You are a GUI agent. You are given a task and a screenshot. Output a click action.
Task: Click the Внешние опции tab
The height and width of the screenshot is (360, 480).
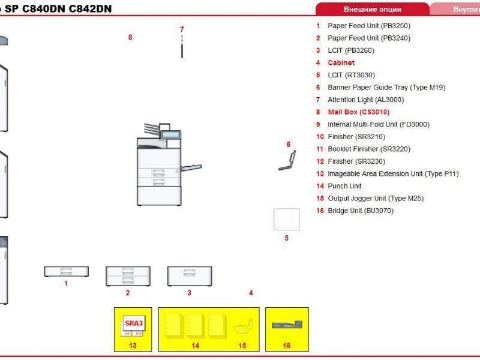(372, 9)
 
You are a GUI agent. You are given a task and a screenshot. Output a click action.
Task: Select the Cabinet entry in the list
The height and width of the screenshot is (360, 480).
(341, 62)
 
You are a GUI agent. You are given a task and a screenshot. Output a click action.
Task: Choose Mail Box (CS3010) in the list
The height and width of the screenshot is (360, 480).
(358, 112)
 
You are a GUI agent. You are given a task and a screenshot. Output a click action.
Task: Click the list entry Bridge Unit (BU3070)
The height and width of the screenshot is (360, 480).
(360, 211)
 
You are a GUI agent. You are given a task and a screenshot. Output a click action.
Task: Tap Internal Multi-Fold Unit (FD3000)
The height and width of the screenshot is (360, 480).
(378, 124)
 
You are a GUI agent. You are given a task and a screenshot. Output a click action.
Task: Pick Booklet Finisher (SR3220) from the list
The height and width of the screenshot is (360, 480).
(368, 149)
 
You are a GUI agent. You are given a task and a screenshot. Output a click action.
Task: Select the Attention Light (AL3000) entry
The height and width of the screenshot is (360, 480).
(365, 100)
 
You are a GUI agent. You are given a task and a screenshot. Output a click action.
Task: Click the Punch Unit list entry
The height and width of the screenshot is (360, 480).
(344, 186)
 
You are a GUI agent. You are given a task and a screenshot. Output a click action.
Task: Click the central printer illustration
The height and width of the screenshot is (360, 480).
(160, 168)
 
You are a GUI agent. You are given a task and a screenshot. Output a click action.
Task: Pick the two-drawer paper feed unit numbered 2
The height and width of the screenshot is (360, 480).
(128, 276)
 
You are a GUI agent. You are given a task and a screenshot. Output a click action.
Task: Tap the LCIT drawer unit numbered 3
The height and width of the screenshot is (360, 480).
(189, 275)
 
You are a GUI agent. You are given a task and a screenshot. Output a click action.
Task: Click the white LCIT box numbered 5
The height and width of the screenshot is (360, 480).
(286, 219)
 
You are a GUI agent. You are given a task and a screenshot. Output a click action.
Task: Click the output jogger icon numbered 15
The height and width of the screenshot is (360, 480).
(242, 327)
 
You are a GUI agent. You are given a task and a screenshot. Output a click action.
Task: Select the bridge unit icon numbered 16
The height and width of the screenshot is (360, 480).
(286, 325)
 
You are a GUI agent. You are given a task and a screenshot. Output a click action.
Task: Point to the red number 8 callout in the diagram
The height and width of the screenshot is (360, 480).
(130, 37)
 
